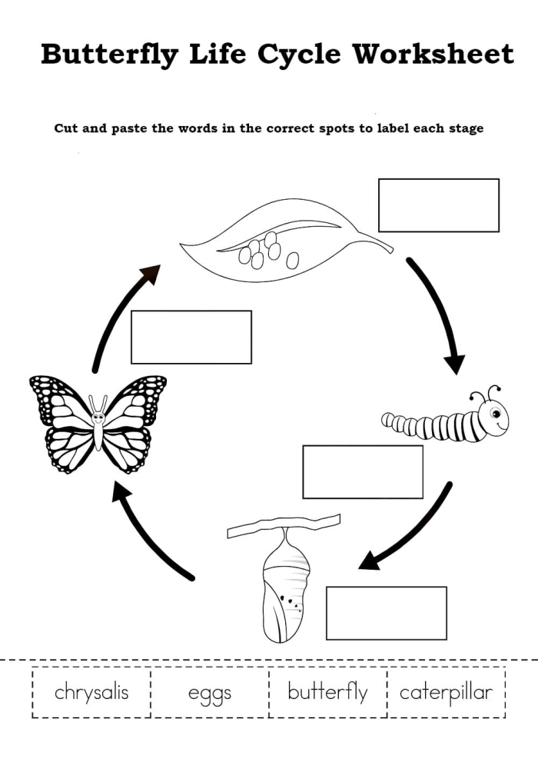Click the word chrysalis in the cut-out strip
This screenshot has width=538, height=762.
coord(91,692)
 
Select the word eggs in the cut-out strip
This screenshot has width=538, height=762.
coord(210,693)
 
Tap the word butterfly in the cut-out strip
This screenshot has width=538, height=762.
coord(327,692)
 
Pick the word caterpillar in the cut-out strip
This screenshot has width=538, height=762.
coord(446,692)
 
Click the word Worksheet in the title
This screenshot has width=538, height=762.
coord(433,55)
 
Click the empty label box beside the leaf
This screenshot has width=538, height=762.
coord(438,205)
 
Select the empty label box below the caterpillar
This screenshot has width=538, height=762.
coord(363,472)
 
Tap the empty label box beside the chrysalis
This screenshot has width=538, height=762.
coord(386,613)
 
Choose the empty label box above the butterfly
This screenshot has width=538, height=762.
coord(191,337)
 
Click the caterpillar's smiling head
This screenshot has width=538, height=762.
coord(492,417)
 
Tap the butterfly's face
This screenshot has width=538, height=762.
coord(98,418)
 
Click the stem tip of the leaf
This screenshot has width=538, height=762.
coord(388,248)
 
